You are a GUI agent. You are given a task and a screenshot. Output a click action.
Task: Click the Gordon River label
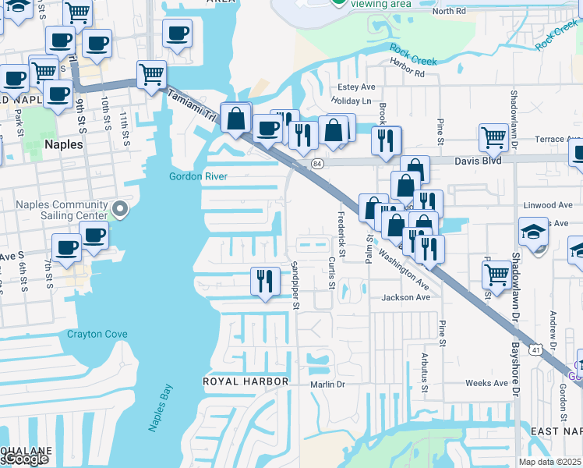pos(198,176)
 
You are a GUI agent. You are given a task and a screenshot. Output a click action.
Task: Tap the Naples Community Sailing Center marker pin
pos(119,209)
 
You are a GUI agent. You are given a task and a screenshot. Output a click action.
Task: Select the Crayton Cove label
pos(97,334)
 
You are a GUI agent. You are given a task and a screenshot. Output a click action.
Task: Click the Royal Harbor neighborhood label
pos(246,381)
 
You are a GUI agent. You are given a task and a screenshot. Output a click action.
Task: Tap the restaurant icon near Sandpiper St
pos(265,281)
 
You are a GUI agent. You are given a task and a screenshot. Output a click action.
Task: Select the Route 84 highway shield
pos(316,164)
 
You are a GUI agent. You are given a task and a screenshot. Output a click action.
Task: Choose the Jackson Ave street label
pos(405,297)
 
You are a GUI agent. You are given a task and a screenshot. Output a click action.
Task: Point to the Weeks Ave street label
pos(486,383)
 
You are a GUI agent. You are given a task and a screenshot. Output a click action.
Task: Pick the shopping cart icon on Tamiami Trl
pos(152,75)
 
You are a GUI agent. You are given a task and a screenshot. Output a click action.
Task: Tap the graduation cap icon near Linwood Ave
pos(534,232)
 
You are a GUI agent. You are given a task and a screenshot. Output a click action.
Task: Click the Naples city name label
pos(63,144)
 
